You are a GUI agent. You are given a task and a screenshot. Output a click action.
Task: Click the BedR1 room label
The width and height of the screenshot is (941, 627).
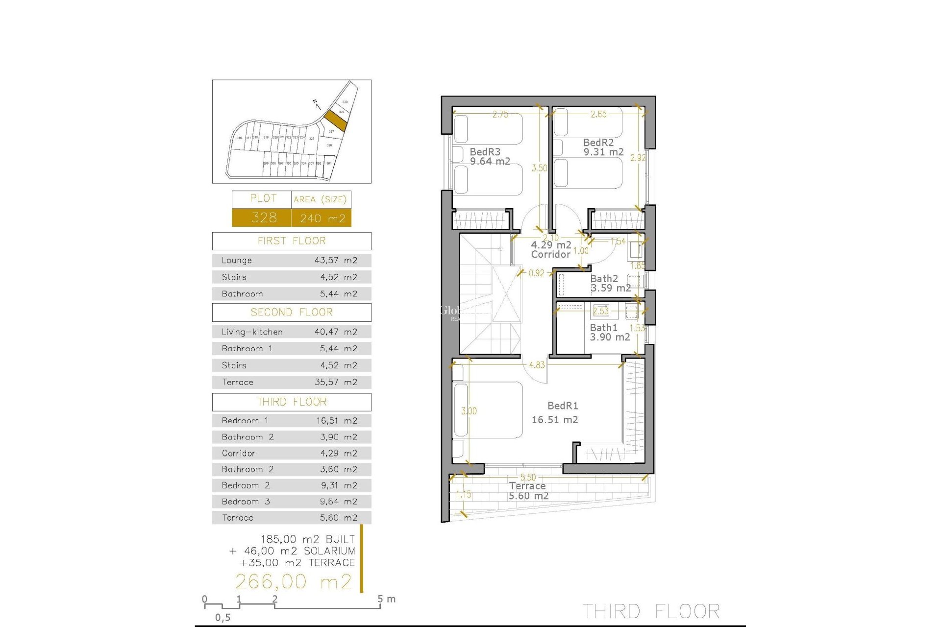[563, 406]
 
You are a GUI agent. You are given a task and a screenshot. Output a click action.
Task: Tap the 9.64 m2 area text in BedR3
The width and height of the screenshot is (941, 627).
[490, 161]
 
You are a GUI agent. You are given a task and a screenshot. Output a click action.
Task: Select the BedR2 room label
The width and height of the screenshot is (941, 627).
[598, 143]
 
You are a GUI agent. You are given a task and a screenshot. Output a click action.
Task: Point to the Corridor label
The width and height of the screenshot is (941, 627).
[550, 254]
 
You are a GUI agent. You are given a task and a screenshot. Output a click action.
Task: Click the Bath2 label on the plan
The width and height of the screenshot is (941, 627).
[604, 279]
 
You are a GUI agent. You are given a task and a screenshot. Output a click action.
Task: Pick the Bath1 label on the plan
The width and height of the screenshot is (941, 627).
[603, 328]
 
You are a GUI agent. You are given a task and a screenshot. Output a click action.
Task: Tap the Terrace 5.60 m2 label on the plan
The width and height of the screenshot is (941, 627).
[528, 491]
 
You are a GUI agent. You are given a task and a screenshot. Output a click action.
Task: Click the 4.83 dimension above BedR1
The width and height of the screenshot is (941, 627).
[537, 365]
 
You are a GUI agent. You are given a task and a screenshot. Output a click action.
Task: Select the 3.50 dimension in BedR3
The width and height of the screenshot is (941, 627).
[539, 168]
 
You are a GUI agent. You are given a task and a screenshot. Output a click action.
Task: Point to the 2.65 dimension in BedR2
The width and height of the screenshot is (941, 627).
[598, 114]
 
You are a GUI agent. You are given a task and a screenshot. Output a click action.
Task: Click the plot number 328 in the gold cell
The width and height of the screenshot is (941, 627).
[264, 217]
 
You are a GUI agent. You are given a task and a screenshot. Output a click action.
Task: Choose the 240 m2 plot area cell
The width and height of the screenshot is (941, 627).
[322, 218]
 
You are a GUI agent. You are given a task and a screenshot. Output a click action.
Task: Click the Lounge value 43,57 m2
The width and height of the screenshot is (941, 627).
[336, 260]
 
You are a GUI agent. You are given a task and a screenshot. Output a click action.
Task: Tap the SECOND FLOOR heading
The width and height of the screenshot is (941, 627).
[292, 312]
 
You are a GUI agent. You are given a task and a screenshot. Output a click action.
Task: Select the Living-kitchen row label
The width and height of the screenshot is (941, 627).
[252, 332]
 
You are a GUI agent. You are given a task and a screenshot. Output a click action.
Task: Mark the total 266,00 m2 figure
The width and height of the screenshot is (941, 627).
[294, 581]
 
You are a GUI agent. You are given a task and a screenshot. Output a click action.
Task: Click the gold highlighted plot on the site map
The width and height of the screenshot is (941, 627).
[336, 120]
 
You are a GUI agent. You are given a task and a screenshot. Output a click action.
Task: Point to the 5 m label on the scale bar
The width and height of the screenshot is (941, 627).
[387, 599]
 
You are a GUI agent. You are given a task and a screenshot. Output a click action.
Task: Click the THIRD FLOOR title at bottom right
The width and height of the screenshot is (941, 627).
[651, 611]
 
